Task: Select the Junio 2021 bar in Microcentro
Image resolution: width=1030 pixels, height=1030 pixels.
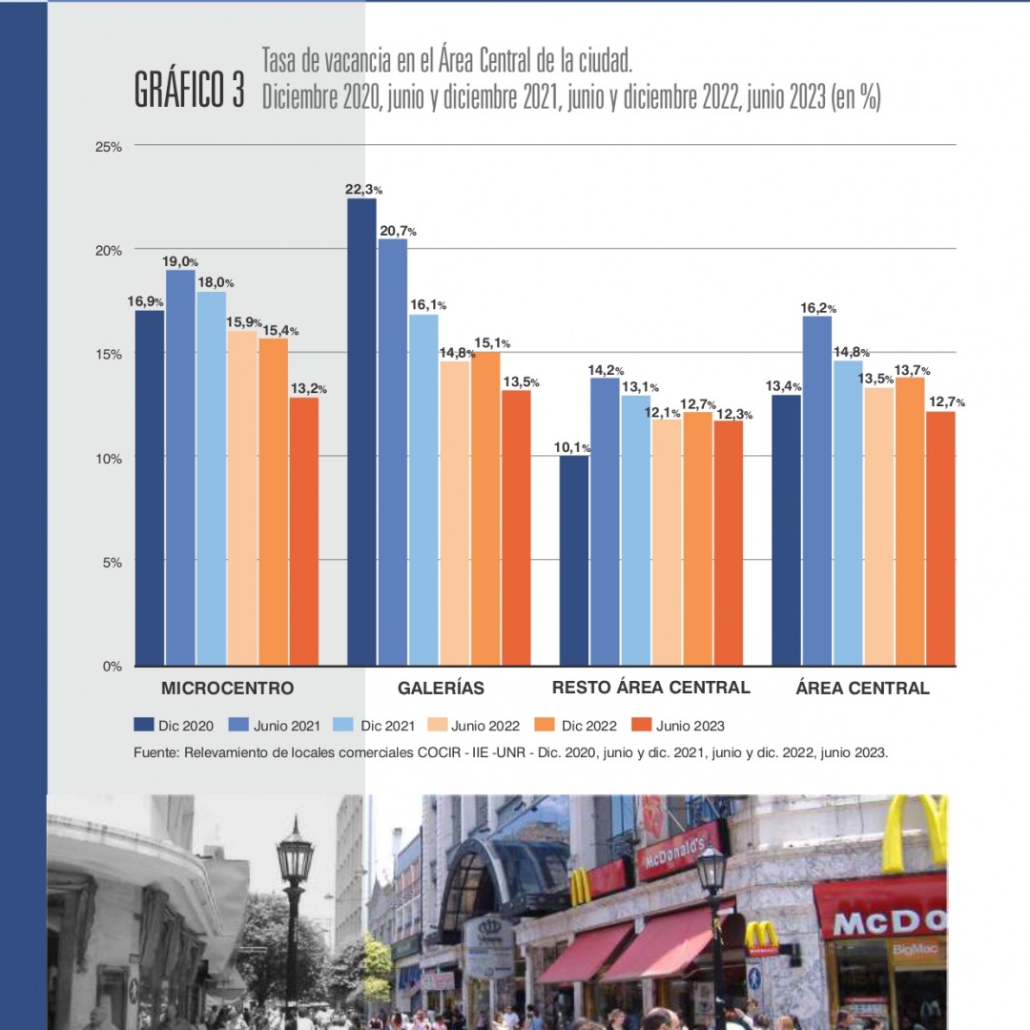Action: pos(180,467)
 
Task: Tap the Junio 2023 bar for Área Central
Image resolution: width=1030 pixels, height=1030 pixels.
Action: pos(939,538)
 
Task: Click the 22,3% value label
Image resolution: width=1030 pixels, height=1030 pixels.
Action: pos(362,190)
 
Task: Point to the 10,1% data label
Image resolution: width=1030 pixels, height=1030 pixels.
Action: pos(574,447)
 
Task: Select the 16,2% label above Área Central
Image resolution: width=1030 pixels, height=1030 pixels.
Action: pos(817,308)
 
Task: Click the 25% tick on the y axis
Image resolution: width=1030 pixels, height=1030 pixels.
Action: pos(109,146)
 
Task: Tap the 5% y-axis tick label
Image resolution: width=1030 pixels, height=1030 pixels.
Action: pos(113,562)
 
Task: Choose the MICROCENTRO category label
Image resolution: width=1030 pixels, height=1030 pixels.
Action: pos(227,688)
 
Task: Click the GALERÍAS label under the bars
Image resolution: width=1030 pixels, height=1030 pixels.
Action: pos(441,688)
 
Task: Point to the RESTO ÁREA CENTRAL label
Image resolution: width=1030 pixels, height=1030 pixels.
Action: pos(651,687)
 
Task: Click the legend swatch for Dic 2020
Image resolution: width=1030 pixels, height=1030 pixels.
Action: pos(144,725)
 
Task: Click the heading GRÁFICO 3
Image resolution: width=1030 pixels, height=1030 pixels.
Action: pos(190,89)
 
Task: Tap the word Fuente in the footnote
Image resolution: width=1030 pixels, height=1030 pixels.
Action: pos(156,752)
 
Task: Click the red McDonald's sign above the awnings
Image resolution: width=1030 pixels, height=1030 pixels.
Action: pos(679,848)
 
